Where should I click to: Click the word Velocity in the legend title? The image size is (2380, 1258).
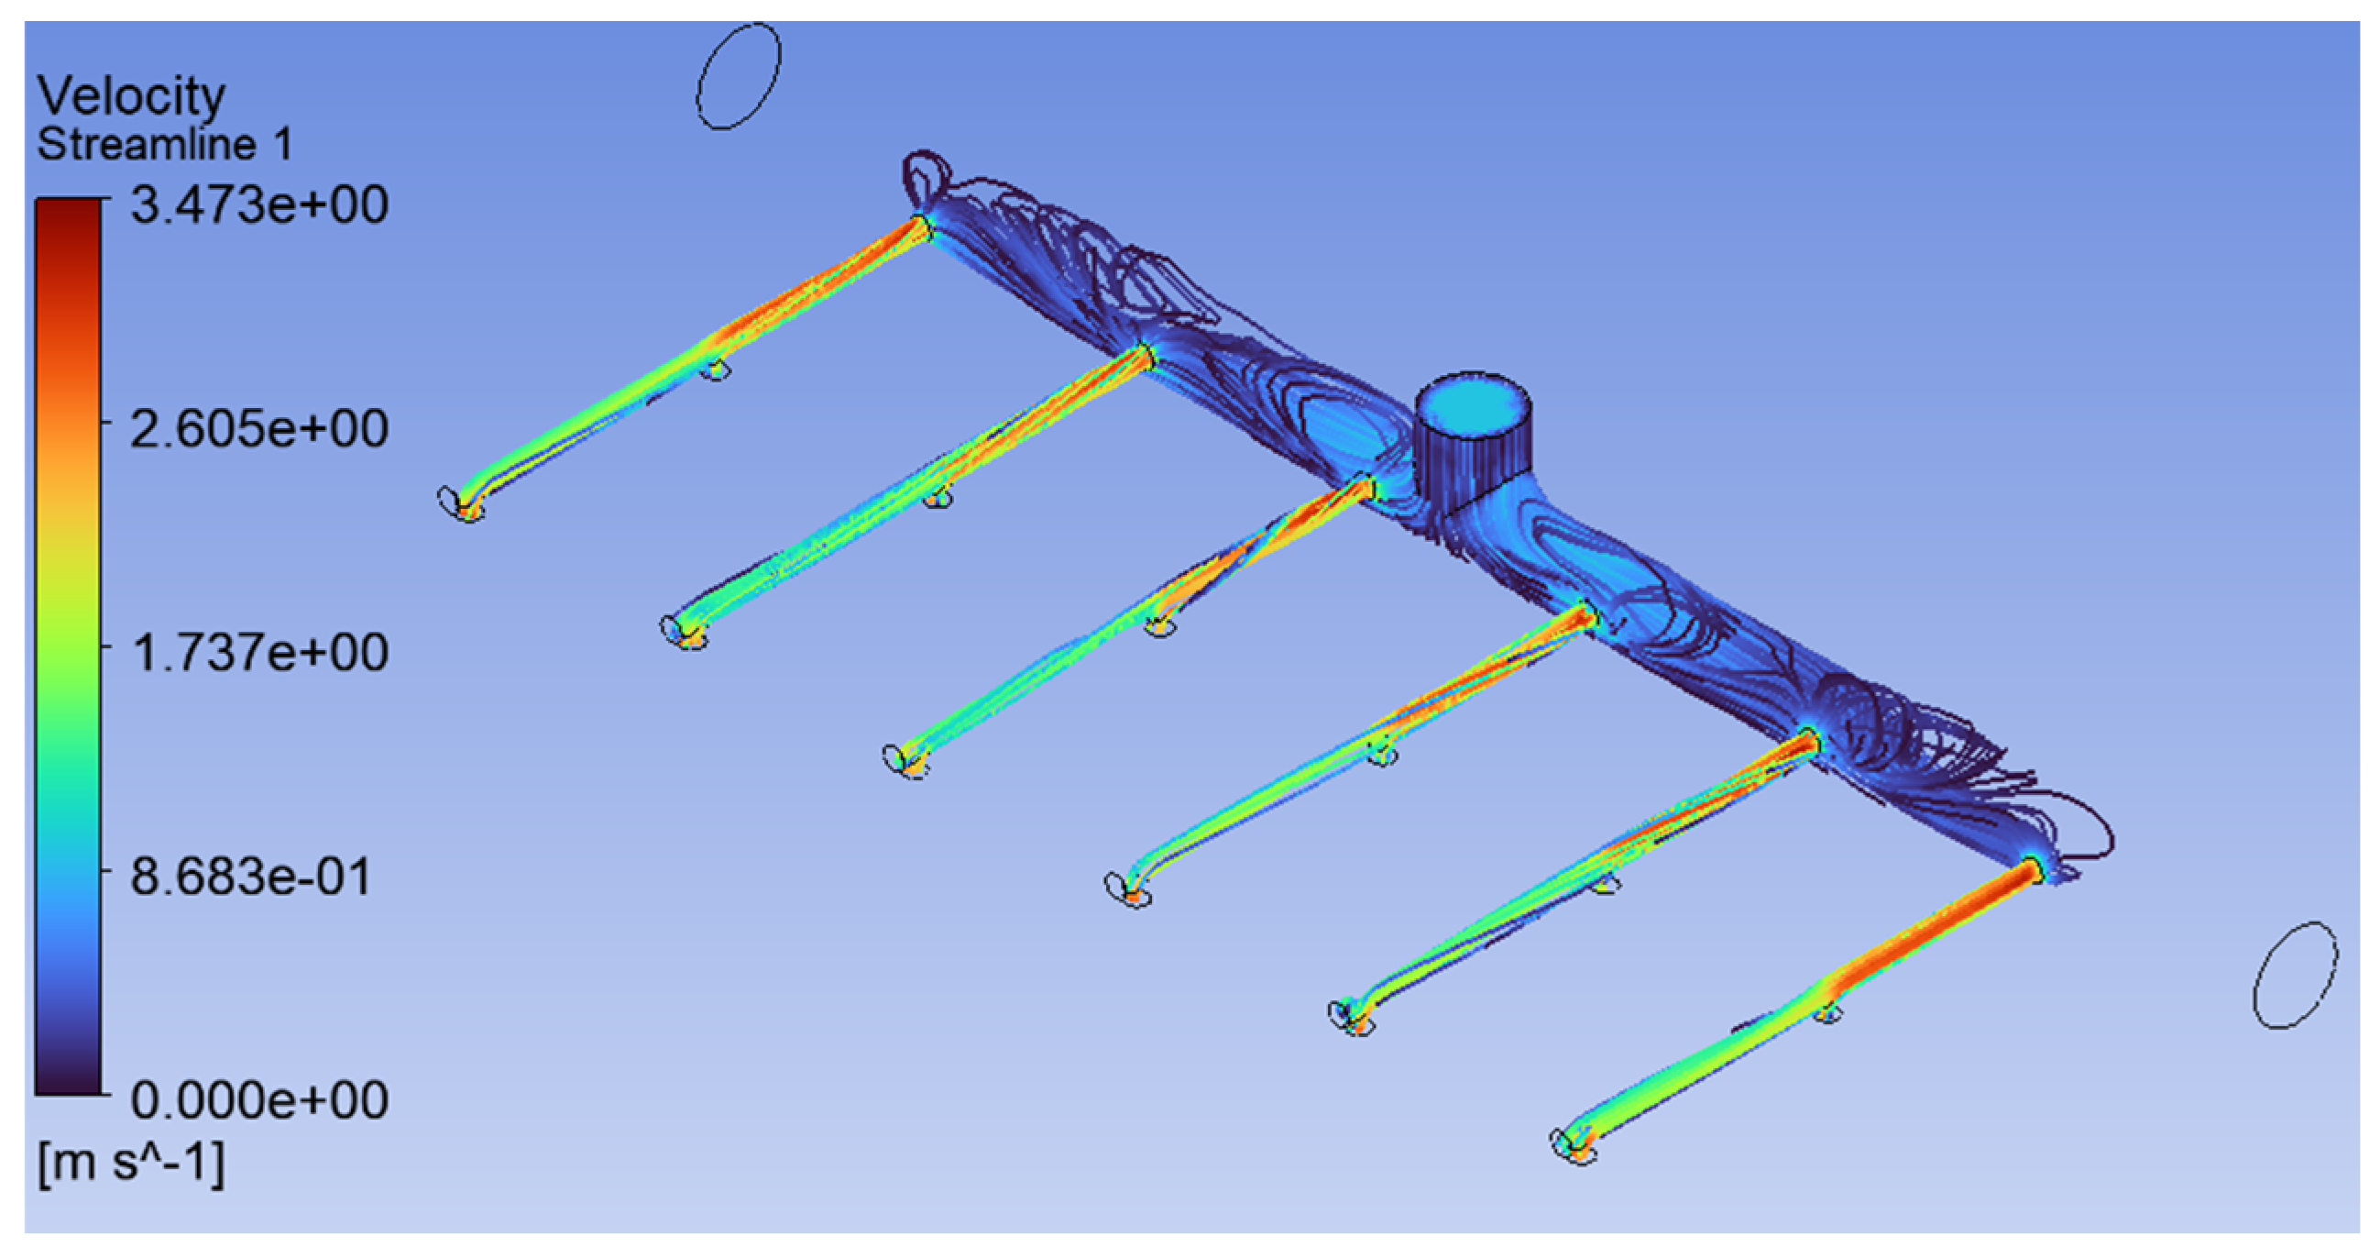(x=131, y=95)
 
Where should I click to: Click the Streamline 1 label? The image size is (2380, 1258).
(x=164, y=144)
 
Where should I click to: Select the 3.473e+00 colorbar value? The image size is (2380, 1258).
(x=258, y=204)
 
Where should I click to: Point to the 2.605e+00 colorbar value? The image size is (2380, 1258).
(x=258, y=429)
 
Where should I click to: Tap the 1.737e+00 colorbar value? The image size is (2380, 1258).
(x=258, y=653)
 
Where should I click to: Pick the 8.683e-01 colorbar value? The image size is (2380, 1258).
(x=250, y=877)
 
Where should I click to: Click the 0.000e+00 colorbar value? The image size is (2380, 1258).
(x=258, y=1100)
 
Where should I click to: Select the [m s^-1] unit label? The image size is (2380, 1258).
(x=130, y=1163)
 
